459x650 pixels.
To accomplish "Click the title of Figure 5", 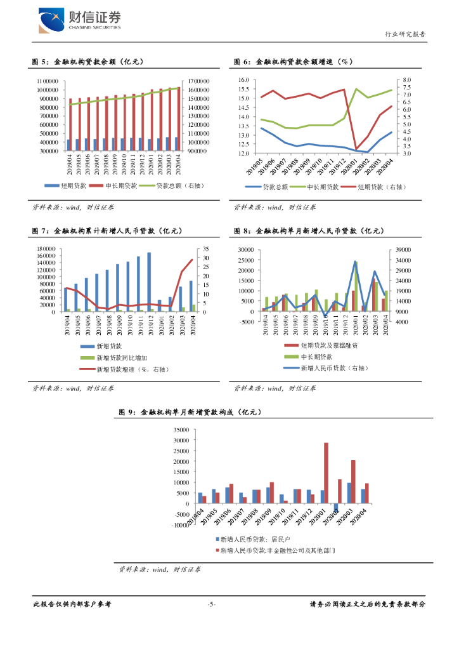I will point(89,62).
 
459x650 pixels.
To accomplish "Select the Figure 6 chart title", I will point(293,62).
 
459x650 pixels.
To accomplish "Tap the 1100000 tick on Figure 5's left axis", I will point(48,81).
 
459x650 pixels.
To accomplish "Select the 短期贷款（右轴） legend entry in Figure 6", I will point(380,187).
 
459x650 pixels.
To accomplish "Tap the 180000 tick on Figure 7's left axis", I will point(48,249).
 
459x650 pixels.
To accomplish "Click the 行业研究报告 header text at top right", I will point(405,34).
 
